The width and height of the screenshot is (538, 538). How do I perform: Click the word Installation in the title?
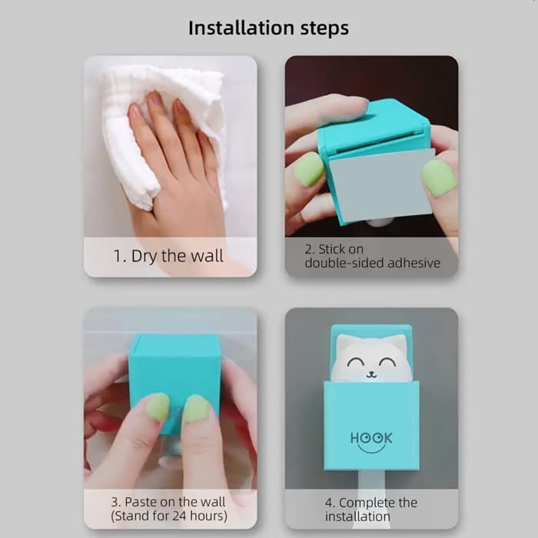pos(241,28)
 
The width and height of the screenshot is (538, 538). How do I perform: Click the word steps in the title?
pos(324,29)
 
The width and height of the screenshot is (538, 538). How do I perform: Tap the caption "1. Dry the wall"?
pos(168,256)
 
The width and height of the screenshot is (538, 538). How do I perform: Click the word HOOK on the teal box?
pos(371,438)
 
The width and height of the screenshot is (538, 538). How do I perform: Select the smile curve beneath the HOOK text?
pos(371,449)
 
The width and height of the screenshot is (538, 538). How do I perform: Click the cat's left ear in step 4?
pos(344,343)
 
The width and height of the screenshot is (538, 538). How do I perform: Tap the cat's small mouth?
pos(370,375)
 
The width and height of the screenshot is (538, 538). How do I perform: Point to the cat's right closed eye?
pos(388,362)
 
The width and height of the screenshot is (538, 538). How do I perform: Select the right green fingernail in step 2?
pos(440,178)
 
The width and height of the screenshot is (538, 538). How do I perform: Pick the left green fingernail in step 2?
pos(309,169)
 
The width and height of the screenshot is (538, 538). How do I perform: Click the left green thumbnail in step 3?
pos(158,407)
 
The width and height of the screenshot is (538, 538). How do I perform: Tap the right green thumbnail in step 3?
pos(196,409)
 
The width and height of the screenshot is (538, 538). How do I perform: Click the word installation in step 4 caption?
pos(357,516)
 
